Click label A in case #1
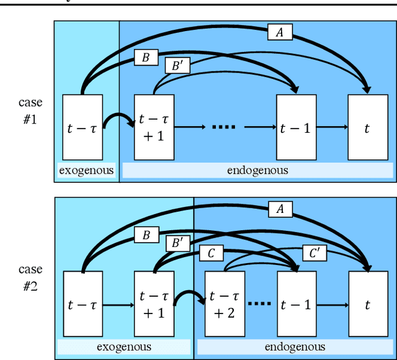(x=280, y=33)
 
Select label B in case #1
(x=146, y=58)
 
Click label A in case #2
(x=280, y=210)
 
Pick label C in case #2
(x=211, y=253)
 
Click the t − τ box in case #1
(x=83, y=127)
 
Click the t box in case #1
(x=367, y=127)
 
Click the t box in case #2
(x=367, y=305)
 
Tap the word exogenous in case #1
(x=86, y=170)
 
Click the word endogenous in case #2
(x=295, y=347)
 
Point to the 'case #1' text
(x=30, y=110)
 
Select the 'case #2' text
(x=30, y=278)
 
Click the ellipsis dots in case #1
(x=223, y=128)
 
